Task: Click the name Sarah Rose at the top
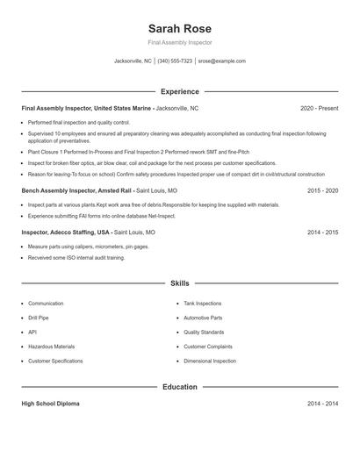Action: click(x=179, y=28)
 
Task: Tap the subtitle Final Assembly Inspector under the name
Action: click(x=179, y=42)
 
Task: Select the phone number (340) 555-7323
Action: click(x=175, y=61)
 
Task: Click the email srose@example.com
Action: click(x=221, y=61)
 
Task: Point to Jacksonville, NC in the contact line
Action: click(x=133, y=61)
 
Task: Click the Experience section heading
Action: click(x=179, y=91)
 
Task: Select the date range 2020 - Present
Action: click(x=319, y=108)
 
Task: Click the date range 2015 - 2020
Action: click(x=322, y=190)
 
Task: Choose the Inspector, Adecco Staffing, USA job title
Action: click(x=66, y=232)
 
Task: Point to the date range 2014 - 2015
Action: click(x=322, y=232)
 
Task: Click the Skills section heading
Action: click(x=179, y=283)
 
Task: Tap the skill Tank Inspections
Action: click(x=203, y=304)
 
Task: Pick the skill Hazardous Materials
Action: click(x=52, y=347)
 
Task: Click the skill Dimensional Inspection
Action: click(x=209, y=361)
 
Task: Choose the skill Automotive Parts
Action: click(x=203, y=318)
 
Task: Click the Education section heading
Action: click(x=179, y=386)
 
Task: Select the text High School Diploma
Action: click(x=50, y=404)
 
